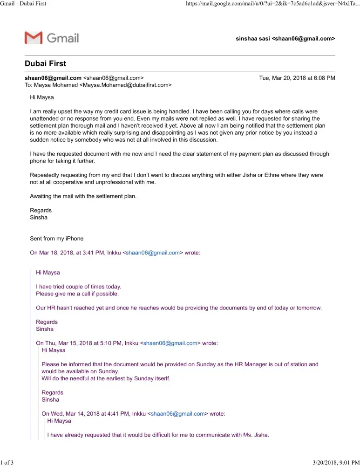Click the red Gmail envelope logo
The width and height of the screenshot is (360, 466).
pos(34,38)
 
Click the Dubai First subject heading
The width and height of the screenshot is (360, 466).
pos(45,63)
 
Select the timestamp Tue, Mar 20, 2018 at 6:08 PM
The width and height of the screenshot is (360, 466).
pos(297,78)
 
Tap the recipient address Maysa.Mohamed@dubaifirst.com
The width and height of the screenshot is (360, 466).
pos(126,85)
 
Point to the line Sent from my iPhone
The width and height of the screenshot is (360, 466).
pos(57,239)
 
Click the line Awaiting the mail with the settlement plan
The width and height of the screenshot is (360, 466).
pos(83,196)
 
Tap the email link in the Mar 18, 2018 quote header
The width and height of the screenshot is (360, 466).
pos(153,253)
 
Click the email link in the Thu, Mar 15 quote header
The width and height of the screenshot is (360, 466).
pos(170,343)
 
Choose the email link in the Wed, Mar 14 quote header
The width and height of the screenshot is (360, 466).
pos(178,413)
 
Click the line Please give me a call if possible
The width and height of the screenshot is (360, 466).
pos(77,294)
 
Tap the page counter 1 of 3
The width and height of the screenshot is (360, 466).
pos(7,462)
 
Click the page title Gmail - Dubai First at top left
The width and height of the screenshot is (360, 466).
pos(23,4)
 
